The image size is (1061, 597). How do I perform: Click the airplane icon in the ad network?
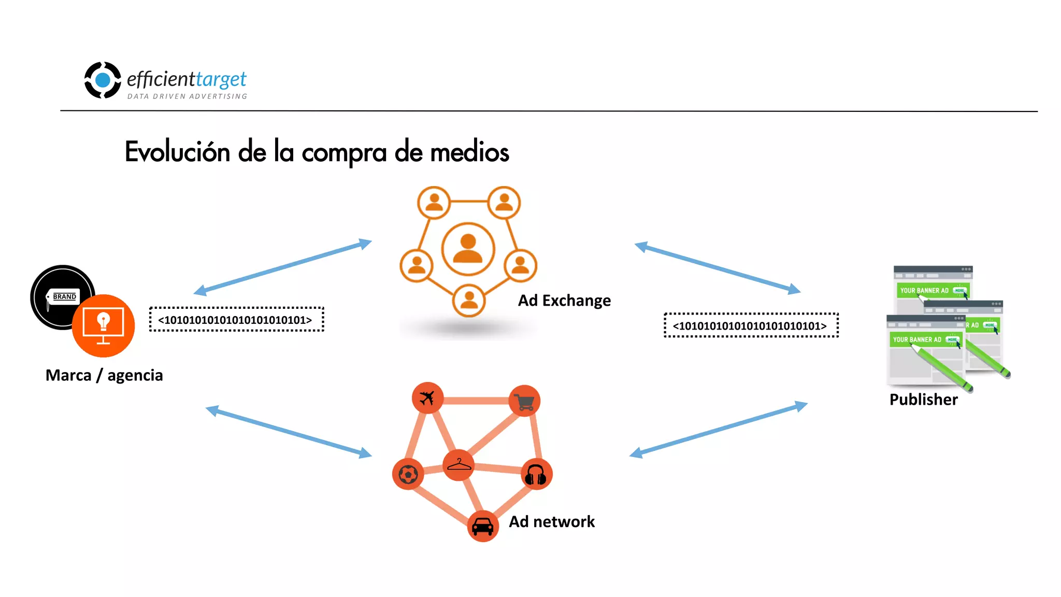click(427, 398)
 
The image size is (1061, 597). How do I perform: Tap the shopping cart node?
click(524, 401)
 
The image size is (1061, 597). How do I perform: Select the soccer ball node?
click(408, 474)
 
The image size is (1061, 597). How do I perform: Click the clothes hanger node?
click(458, 465)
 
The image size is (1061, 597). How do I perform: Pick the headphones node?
click(536, 474)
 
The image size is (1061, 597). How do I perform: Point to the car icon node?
click(483, 526)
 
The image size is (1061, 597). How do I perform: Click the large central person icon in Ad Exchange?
click(468, 249)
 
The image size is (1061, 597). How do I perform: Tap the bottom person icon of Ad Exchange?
click(469, 300)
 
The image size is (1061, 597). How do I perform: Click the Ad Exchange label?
click(564, 301)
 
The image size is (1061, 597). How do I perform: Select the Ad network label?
click(552, 521)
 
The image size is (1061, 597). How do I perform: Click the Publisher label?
click(923, 400)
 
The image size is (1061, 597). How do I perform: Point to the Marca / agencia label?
click(104, 375)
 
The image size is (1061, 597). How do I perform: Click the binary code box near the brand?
click(236, 320)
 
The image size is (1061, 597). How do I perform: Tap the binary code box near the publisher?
click(751, 325)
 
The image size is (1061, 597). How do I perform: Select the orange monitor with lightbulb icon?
click(103, 326)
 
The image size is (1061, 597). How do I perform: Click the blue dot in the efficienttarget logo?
click(103, 80)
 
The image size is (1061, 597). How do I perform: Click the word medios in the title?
click(469, 152)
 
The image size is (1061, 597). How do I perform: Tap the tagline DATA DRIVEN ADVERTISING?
click(187, 96)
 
